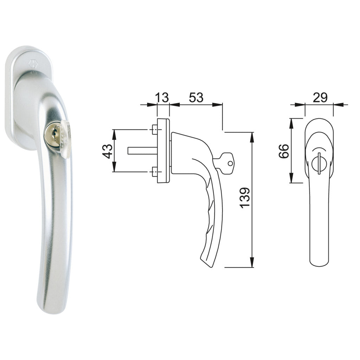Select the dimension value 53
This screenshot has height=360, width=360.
pos(196,97)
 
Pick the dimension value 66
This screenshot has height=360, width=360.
pos(284,151)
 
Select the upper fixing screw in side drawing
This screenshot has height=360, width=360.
pos(154,130)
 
